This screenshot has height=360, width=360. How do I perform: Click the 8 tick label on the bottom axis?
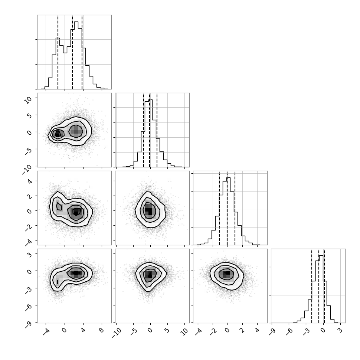click(x=101, y=330)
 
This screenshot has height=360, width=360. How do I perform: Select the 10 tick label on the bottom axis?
click(x=184, y=332)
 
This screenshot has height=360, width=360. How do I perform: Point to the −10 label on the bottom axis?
click(x=117, y=333)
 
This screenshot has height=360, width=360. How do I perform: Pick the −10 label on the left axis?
click(x=27, y=170)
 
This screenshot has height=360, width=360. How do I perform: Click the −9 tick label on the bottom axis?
click(x=271, y=331)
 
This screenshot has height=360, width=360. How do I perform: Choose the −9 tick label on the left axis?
click(x=29, y=324)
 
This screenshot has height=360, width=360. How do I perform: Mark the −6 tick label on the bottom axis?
click(x=289, y=331)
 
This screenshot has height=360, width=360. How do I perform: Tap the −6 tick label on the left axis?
click(x=29, y=307)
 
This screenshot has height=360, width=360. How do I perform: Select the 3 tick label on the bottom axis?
click(x=340, y=330)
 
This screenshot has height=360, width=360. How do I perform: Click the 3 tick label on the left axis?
click(x=30, y=254)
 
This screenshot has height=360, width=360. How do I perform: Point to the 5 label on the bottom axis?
click(x=167, y=330)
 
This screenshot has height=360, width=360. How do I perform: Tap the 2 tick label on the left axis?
click(x=30, y=196)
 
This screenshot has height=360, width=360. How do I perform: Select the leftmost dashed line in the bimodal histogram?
click(x=58, y=52)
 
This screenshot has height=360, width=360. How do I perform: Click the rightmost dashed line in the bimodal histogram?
click(x=82, y=52)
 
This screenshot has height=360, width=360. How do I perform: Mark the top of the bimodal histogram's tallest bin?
click(x=76, y=22)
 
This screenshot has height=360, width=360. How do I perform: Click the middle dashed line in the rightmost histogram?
click(x=319, y=286)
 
